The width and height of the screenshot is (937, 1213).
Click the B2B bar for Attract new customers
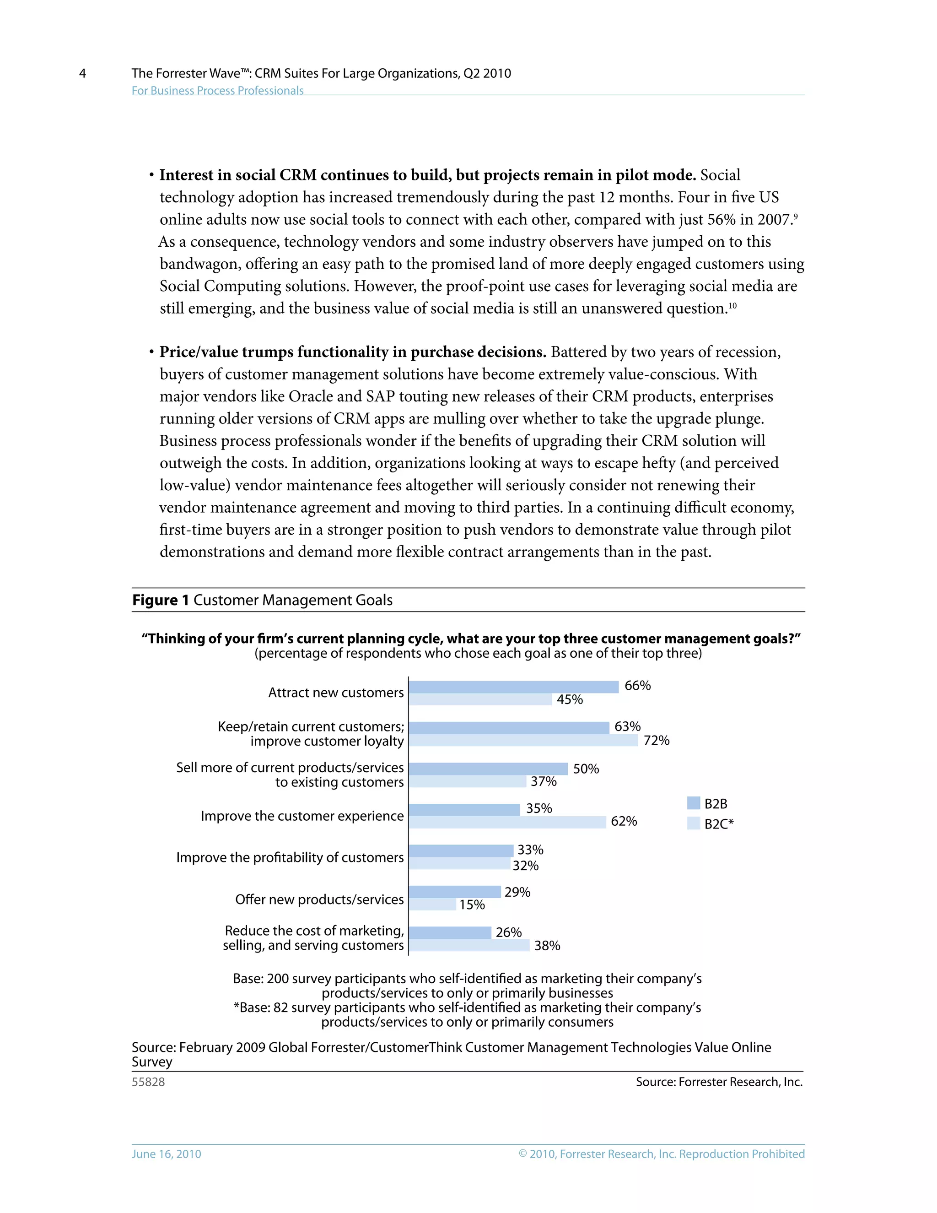513,687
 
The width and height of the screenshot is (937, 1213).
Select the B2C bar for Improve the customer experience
507,822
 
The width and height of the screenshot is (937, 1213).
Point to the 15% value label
472,905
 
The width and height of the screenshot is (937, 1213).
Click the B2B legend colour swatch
693,803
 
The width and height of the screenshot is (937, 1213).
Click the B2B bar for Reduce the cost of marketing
450,932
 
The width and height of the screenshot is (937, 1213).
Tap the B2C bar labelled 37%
468,781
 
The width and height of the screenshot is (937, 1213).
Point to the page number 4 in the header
83,73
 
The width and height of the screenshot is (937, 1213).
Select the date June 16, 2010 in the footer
166,1154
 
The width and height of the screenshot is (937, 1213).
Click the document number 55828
148,1082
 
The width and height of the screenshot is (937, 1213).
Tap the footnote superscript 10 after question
733,305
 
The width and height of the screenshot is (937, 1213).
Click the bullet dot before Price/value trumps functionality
151,352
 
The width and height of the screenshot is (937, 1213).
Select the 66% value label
637,685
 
